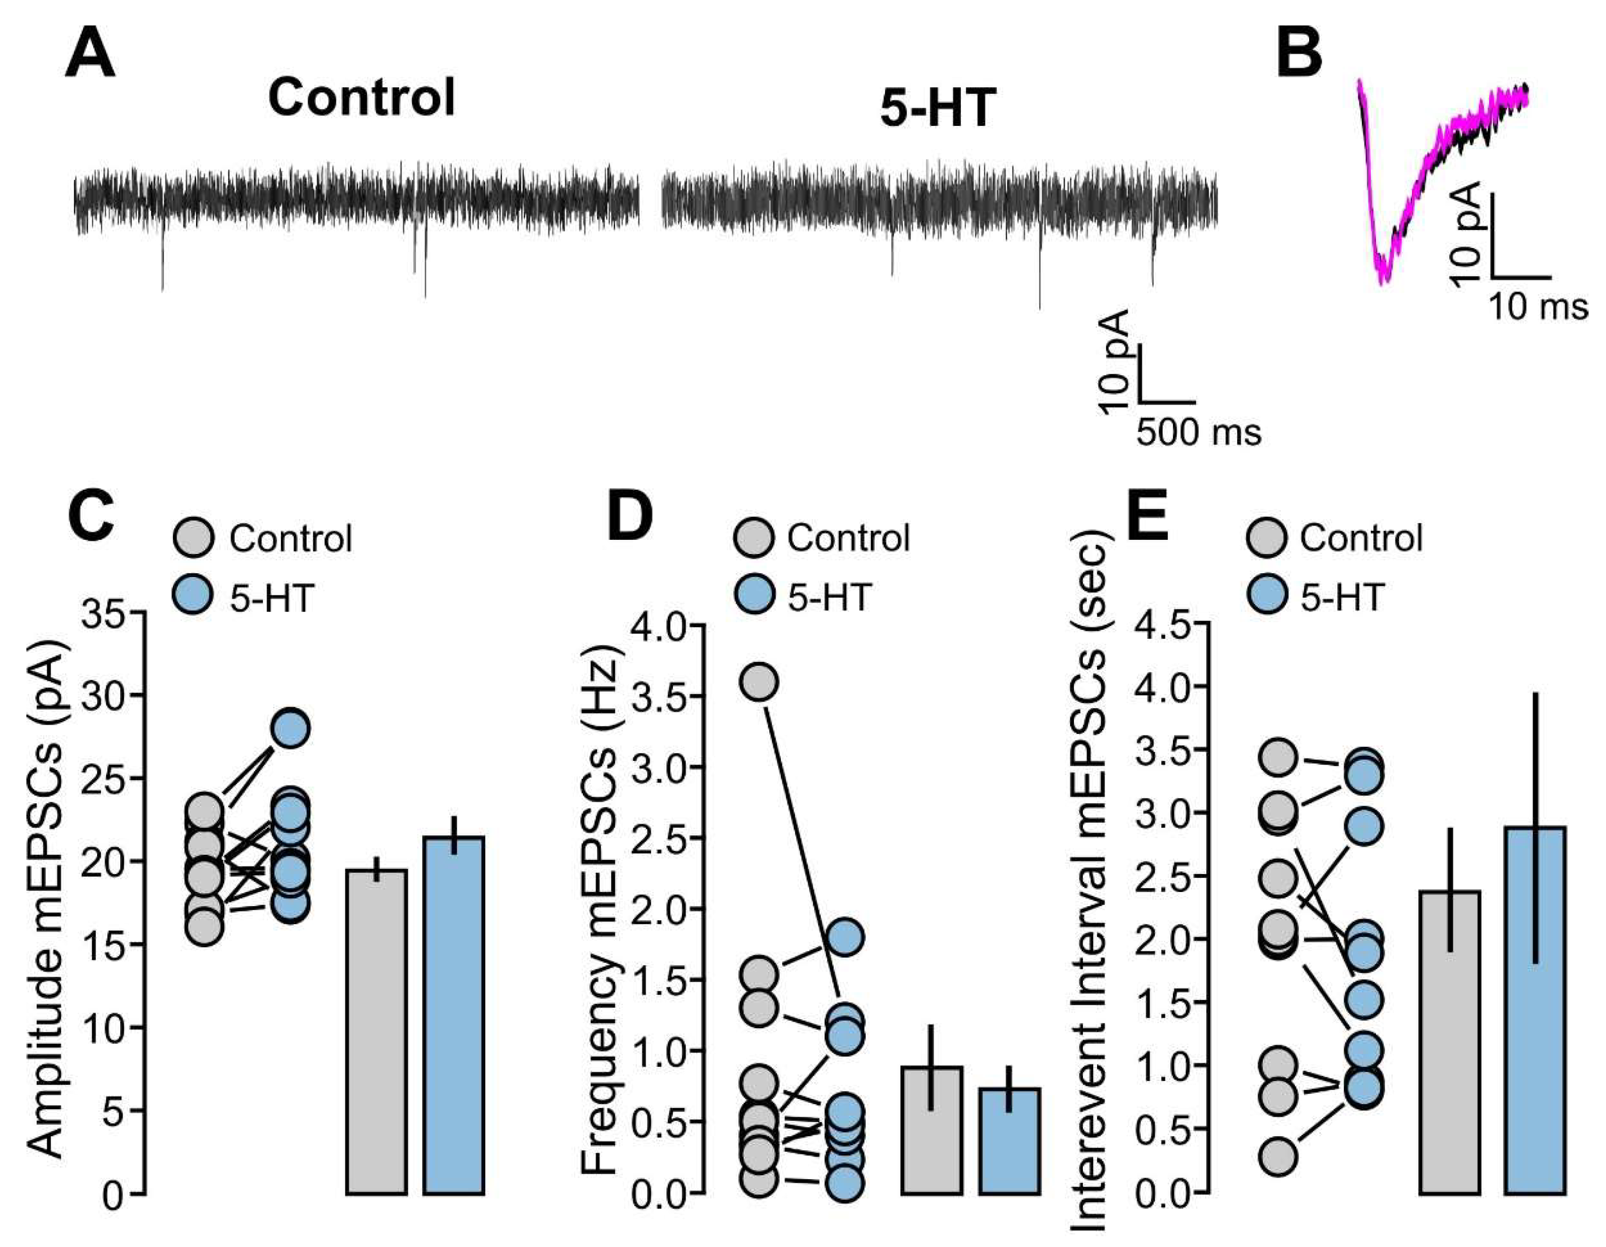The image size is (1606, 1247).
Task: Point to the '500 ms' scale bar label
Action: pos(1199,433)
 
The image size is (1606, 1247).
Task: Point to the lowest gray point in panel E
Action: pos(1279,1156)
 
